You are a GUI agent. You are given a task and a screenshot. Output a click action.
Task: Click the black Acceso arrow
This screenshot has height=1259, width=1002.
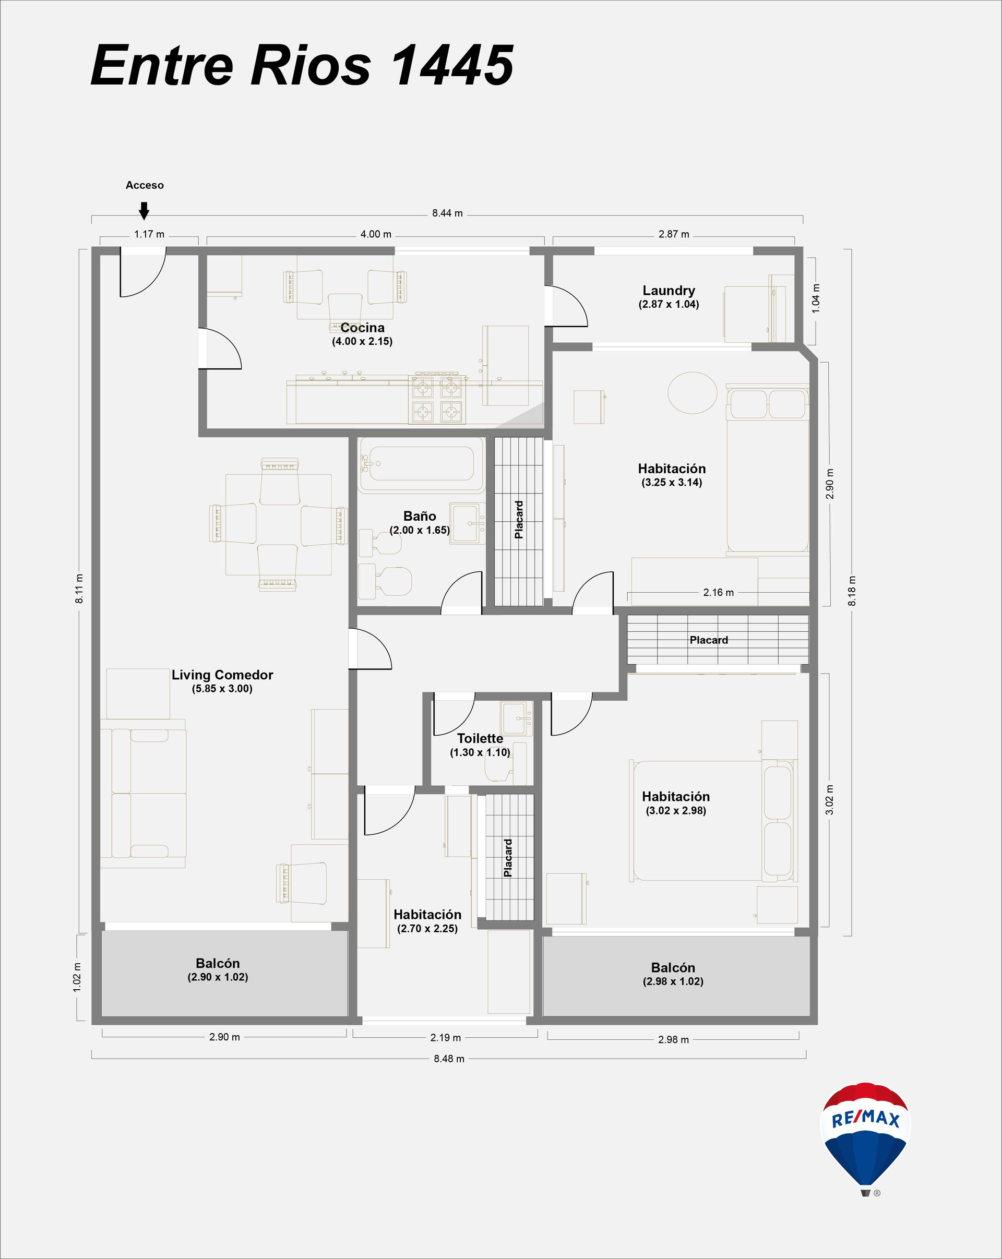click(144, 211)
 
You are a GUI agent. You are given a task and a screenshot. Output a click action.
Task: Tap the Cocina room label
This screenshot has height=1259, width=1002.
click(363, 328)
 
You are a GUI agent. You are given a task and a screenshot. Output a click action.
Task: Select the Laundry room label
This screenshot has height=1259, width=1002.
click(669, 290)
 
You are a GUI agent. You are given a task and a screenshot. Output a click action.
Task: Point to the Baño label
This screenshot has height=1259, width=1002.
click(420, 516)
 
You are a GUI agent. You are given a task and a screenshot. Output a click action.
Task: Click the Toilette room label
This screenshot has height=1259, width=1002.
click(480, 738)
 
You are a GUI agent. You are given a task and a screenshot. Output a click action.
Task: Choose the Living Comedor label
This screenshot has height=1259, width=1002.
click(222, 675)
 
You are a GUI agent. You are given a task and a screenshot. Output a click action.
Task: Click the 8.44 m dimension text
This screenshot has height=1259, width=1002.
click(447, 213)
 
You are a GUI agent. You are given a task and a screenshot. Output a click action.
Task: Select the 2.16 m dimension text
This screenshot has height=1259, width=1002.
click(718, 592)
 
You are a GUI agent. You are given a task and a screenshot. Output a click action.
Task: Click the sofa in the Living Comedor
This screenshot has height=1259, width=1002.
click(144, 794)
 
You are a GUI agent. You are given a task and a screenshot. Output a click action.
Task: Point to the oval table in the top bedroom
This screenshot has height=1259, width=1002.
click(692, 392)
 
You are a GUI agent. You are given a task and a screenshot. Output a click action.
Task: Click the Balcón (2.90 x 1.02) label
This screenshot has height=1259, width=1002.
click(218, 970)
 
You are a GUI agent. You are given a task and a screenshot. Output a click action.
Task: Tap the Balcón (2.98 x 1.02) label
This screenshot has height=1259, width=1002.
click(673, 974)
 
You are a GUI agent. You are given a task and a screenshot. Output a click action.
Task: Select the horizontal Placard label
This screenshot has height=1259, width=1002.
click(709, 640)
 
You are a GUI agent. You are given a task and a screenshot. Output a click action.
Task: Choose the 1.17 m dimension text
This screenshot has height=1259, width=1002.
click(149, 234)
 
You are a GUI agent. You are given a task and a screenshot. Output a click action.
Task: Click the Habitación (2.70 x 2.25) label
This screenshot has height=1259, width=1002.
click(427, 921)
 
